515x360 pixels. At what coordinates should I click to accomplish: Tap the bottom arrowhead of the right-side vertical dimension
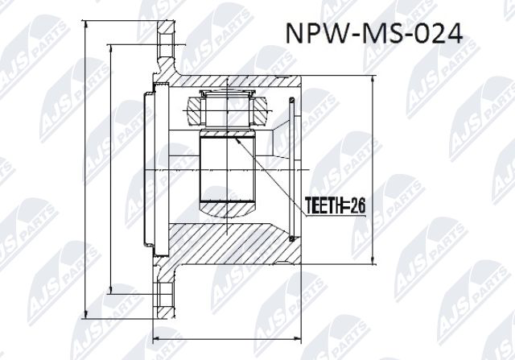pyautogui.click(x=372, y=264)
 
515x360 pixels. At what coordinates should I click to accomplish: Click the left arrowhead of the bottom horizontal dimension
pyautogui.click(x=155, y=337)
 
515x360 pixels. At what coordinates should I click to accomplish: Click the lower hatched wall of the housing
pyautogui.click(x=233, y=246)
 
